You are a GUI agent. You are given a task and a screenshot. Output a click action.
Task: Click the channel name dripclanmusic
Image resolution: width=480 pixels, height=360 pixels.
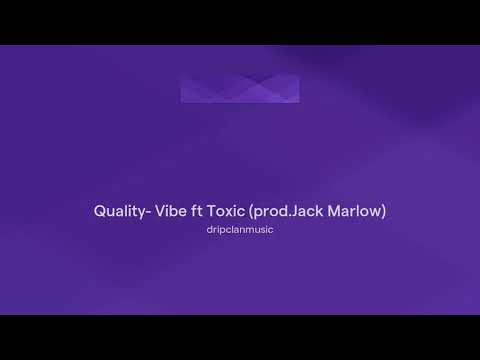[240, 229]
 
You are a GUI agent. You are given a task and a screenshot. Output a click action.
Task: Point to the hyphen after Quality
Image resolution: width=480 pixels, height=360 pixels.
[147, 212]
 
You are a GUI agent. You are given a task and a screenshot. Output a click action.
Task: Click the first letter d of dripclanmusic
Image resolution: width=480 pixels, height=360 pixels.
[208, 229]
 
